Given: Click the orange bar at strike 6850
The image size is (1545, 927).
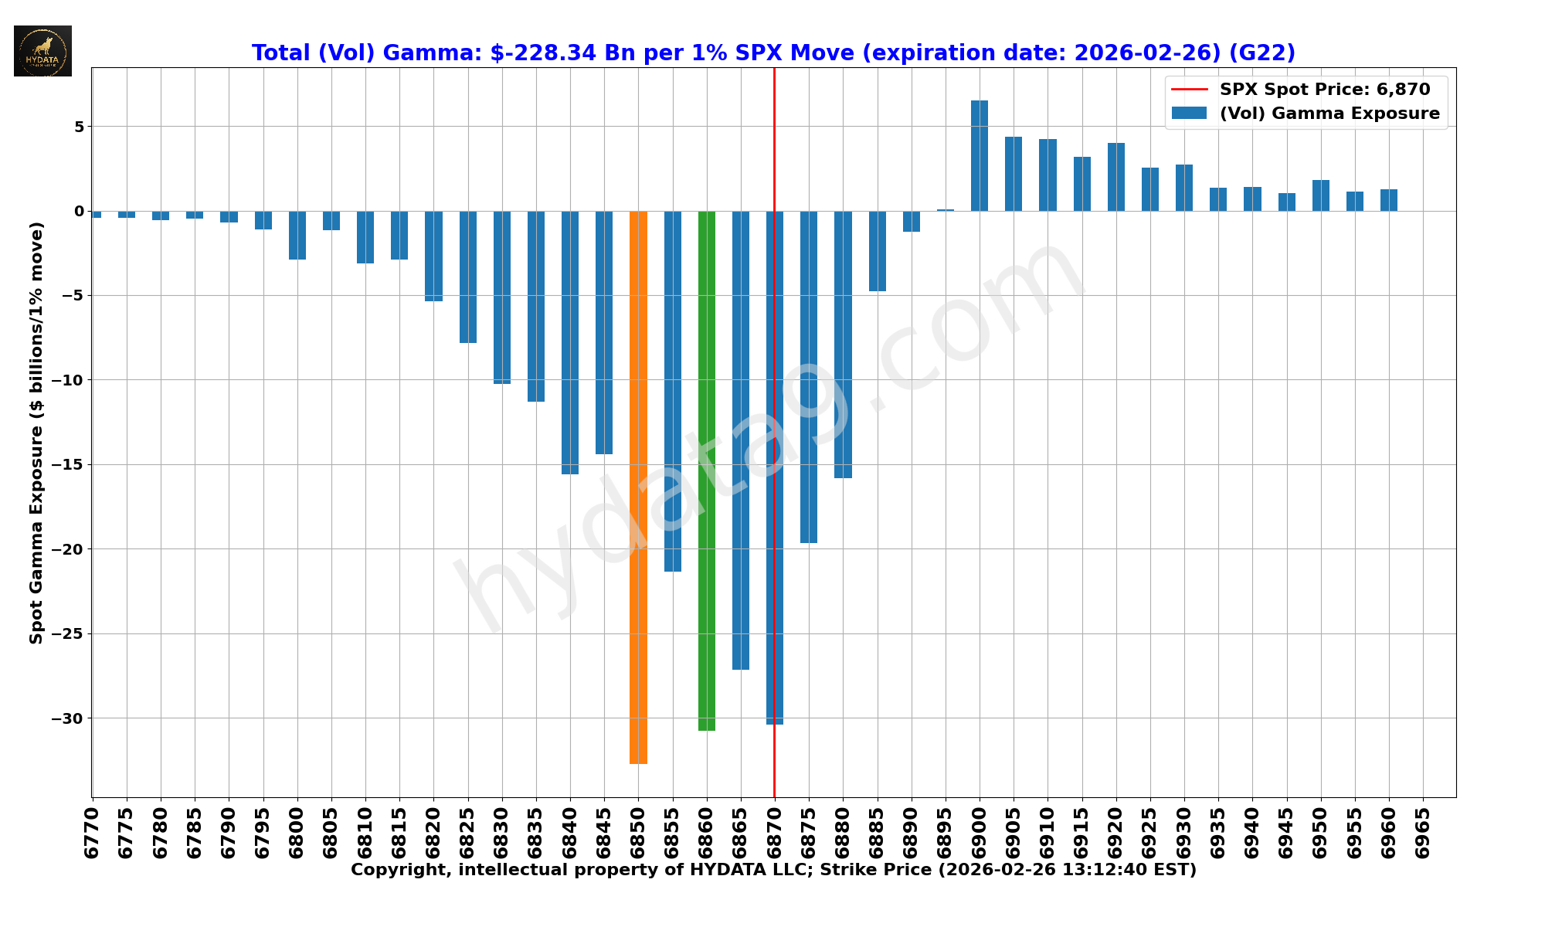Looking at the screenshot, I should (638, 487).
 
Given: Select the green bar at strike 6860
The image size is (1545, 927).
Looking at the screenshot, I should (707, 470).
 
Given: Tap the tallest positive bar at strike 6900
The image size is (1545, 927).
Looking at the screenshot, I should (980, 155).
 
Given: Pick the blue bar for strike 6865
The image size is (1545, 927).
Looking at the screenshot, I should (741, 440).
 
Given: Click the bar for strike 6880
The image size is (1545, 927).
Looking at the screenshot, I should (843, 345).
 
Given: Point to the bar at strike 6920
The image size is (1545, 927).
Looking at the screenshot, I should (1116, 177).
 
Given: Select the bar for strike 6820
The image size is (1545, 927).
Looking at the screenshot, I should (433, 256).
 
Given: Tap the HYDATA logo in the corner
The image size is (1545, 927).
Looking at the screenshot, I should (42, 51).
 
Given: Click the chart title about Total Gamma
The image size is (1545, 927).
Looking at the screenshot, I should (773, 53).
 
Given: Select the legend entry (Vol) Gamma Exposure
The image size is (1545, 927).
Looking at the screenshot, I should (1329, 114).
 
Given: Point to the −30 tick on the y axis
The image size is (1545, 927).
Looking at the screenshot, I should (67, 718).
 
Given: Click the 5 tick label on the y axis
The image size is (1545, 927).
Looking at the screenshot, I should (78, 127).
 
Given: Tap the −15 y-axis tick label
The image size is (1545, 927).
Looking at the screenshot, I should (67, 465).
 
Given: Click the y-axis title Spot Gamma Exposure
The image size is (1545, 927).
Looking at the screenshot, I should (36, 433).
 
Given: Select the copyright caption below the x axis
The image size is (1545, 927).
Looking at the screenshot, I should (773, 871).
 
